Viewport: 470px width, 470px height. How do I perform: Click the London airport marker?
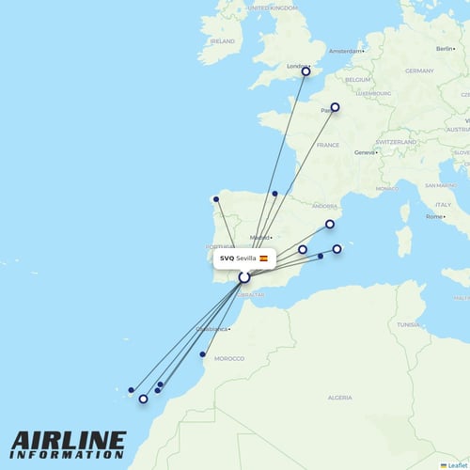(x=305, y=71)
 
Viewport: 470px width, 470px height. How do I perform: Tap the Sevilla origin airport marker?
(x=244, y=277)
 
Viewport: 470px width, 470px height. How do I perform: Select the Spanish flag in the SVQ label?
(x=264, y=258)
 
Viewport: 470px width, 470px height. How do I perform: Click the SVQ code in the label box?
(x=227, y=258)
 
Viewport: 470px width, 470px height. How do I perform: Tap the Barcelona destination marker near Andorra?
(x=330, y=224)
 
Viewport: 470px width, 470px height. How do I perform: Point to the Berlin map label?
(x=445, y=47)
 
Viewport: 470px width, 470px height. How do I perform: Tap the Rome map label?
(x=434, y=216)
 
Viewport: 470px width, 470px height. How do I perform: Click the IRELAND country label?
(x=223, y=41)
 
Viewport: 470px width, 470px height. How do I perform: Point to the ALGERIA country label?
(x=338, y=398)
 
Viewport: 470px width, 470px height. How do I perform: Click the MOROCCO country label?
(x=229, y=358)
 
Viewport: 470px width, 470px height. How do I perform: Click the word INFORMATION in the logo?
(x=68, y=455)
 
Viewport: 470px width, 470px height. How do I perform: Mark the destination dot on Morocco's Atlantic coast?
(x=203, y=354)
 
